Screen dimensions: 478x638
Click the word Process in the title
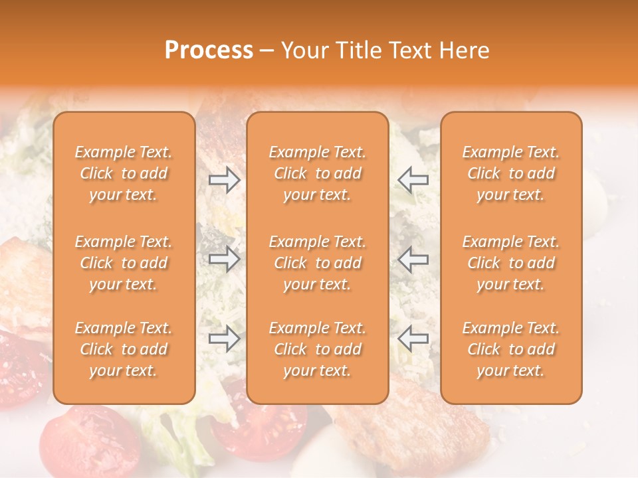[209, 50]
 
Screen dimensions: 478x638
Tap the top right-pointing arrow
[224, 179]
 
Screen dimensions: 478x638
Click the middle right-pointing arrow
[224, 259]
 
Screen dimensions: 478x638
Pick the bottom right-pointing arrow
[224, 339]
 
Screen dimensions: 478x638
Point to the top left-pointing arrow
[413, 179]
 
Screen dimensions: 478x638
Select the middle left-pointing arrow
[413, 259]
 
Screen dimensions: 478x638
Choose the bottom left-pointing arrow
[413, 339]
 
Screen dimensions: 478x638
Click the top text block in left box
[124, 173]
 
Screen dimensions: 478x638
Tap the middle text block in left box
[124, 263]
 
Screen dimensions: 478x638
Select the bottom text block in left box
[124, 349]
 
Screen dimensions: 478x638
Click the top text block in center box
[317, 173]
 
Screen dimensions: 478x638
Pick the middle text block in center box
[317, 263]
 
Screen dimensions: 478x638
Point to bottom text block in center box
[317, 349]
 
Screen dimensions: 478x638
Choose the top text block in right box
[510, 173]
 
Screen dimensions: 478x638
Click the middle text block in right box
[510, 263]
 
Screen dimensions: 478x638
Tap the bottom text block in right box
[510, 349]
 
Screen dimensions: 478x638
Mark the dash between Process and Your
[267, 50]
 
